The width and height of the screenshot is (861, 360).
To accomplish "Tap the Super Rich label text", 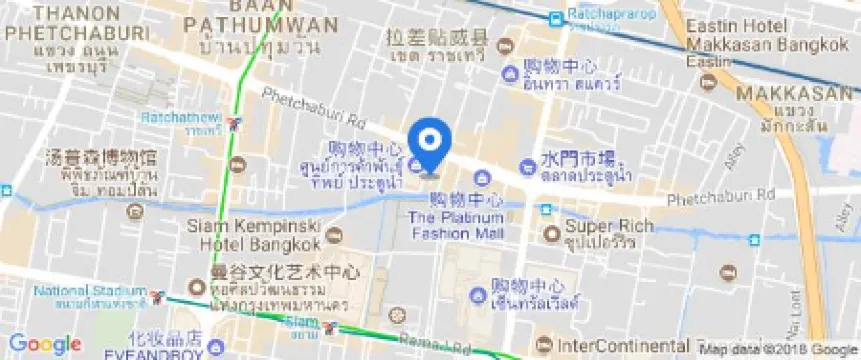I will [x=600, y=225].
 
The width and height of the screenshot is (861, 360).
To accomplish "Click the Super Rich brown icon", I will [x=551, y=233].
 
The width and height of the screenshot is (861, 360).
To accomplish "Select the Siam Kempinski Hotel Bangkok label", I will [x=254, y=234].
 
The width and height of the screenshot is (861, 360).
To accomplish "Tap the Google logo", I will [x=44, y=344].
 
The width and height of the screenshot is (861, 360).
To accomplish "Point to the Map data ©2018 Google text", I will [x=780, y=349].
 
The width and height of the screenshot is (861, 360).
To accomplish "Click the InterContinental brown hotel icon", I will [x=544, y=345].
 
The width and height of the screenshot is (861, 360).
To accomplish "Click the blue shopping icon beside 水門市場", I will [x=526, y=166].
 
